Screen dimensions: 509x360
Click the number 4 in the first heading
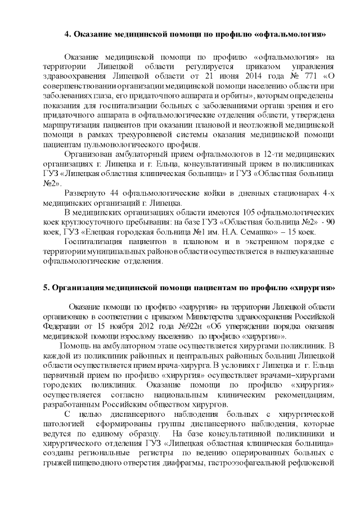click(x=67, y=34)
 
